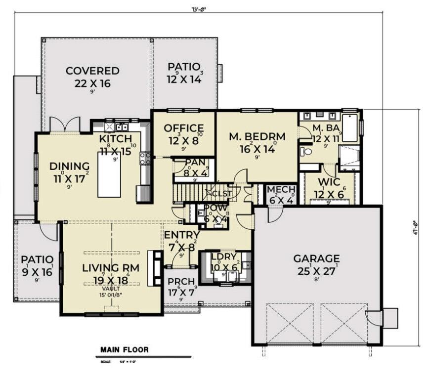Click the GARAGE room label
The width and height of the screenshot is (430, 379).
coord(316,258)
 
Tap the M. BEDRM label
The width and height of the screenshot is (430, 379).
coord(258,137)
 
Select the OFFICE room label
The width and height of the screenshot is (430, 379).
coord(183,128)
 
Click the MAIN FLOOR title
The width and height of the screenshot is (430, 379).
coord(124,350)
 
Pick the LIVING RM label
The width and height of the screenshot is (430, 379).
coord(111,268)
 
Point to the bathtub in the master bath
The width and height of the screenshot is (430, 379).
coord(351,127)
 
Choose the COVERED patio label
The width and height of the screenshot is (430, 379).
coord(92,71)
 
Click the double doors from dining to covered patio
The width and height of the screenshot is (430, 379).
coord(65,125)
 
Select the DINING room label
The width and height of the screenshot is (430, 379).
coord(69,166)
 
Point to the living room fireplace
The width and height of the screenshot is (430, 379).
coord(157,269)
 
